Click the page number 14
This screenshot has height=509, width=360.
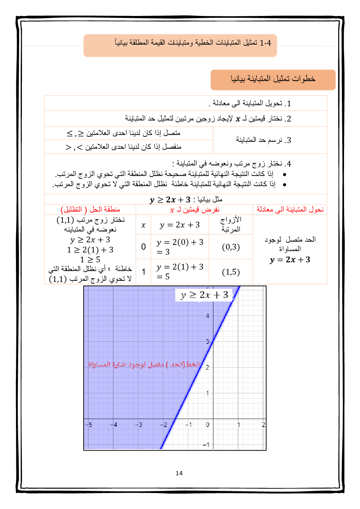tap(179, 473)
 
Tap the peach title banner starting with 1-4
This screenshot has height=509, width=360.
tap(180, 45)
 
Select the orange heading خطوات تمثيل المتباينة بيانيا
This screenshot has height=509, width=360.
tap(273, 79)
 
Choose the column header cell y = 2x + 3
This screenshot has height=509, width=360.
tap(180, 225)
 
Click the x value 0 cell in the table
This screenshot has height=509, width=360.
tap(143, 247)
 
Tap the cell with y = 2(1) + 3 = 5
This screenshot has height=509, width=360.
tap(180, 271)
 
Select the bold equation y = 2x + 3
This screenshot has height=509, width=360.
tap(290, 260)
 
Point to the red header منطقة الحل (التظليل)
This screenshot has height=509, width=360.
tap(90, 209)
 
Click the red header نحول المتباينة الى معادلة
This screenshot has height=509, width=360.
tap(290, 209)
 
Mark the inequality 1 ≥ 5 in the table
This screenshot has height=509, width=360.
tap(90, 259)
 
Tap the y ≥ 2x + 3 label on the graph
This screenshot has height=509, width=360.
tap(204, 295)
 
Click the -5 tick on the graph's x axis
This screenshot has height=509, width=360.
tap(89, 424)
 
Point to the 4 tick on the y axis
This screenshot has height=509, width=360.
tap(208, 316)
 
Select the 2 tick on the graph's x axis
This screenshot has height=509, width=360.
tap(263, 424)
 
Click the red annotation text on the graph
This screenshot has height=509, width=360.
tap(144, 364)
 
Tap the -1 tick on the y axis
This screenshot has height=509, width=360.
tap(206, 444)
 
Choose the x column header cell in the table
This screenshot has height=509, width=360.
tap(143, 225)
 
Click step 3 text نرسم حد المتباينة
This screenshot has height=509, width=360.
tap(263, 140)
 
